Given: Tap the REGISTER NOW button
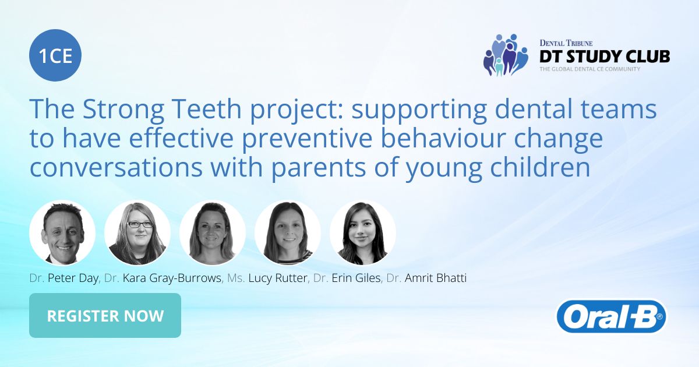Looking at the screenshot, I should (x=105, y=316).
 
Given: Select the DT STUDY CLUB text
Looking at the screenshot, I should (x=605, y=56).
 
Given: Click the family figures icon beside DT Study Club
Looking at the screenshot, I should (x=505, y=55).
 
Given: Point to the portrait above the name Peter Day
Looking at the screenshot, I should (x=62, y=233).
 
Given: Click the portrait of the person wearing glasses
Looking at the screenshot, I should (x=137, y=233).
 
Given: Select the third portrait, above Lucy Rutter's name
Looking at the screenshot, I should (x=213, y=233).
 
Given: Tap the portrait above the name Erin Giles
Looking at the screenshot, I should (x=288, y=233).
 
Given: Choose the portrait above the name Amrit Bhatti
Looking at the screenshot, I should (x=363, y=233).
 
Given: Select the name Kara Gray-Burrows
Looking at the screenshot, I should (x=172, y=278).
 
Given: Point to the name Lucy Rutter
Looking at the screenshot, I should (x=279, y=278).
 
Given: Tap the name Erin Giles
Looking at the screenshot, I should (x=356, y=278).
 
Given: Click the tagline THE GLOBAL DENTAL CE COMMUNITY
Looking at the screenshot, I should (x=589, y=69).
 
